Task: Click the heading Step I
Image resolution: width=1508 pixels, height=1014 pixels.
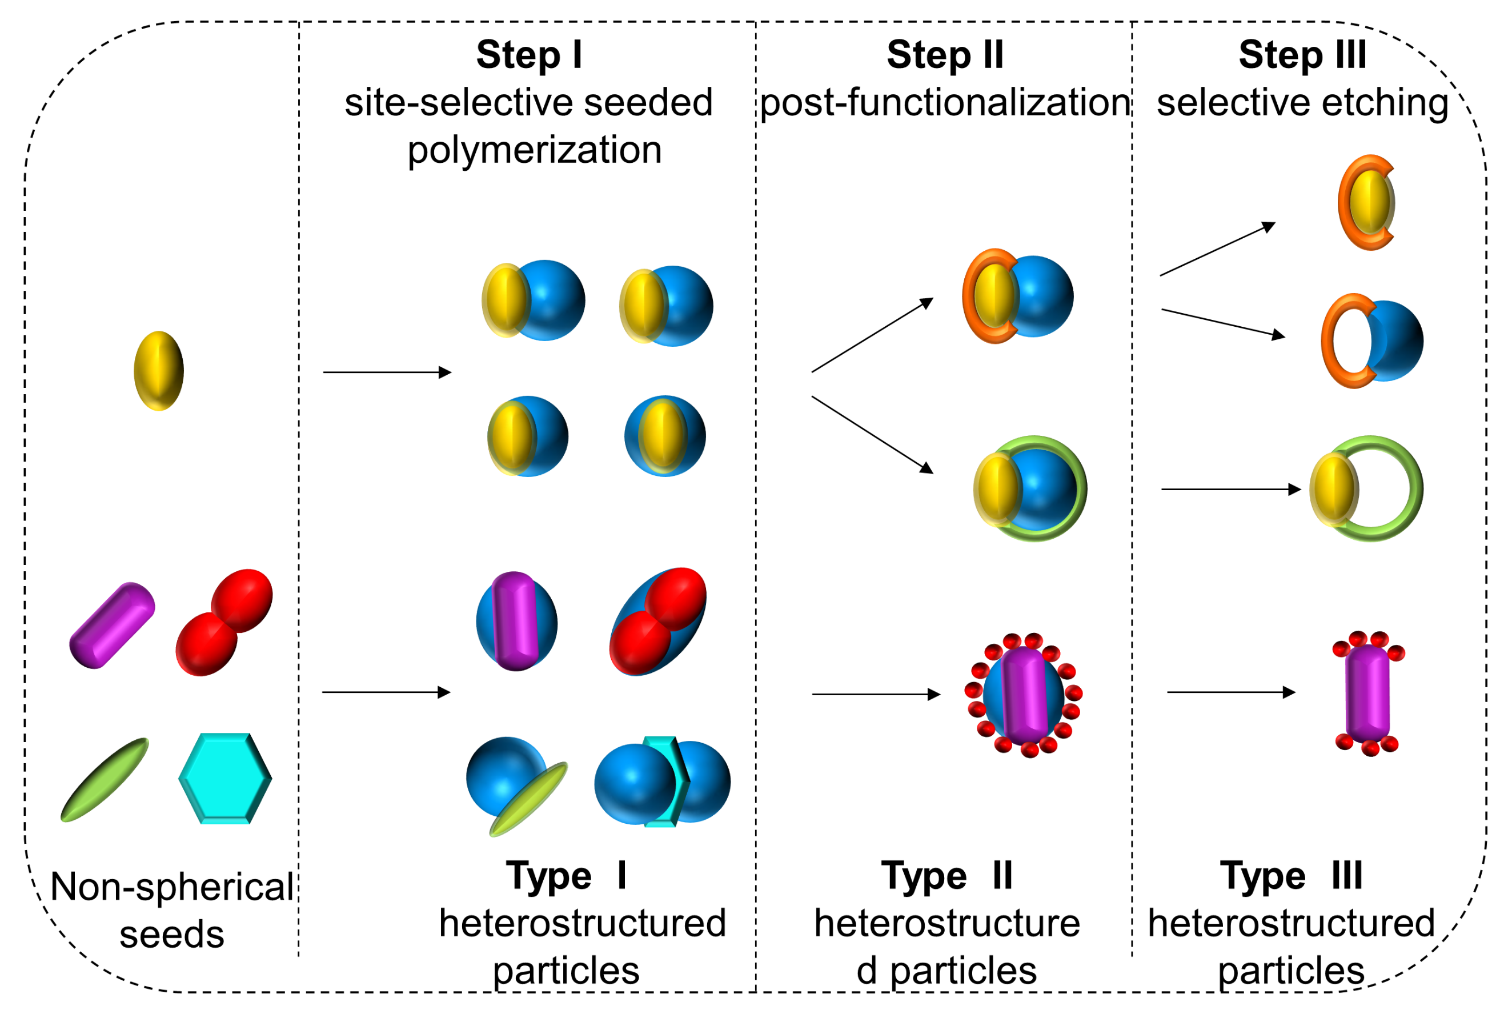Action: (x=530, y=54)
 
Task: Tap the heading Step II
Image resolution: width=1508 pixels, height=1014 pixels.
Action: (x=945, y=54)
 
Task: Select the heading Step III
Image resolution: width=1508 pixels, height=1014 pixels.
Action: (x=1302, y=54)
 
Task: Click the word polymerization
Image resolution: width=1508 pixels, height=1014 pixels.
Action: (x=534, y=150)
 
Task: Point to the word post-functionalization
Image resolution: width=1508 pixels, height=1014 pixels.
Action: (x=945, y=102)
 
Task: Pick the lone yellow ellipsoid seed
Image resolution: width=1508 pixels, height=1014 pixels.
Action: (x=158, y=371)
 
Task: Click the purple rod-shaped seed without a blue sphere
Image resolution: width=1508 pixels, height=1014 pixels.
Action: (x=112, y=626)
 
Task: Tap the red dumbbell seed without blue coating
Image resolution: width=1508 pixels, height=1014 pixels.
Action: (x=224, y=622)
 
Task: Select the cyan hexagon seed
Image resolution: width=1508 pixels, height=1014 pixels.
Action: (x=225, y=779)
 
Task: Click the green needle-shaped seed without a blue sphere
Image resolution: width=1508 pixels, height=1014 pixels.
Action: (x=104, y=780)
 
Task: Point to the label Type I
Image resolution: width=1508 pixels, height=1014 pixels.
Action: (x=566, y=876)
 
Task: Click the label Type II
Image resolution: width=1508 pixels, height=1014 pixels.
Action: (x=946, y=876)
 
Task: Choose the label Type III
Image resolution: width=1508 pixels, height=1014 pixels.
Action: (x=1291, y=876)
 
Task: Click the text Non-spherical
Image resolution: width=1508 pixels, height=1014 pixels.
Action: (x=172, y=887)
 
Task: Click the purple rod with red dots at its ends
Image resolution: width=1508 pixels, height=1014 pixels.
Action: (x=1367, y=694)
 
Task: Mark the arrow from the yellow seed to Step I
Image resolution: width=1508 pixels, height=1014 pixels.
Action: (x=387, y=372)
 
